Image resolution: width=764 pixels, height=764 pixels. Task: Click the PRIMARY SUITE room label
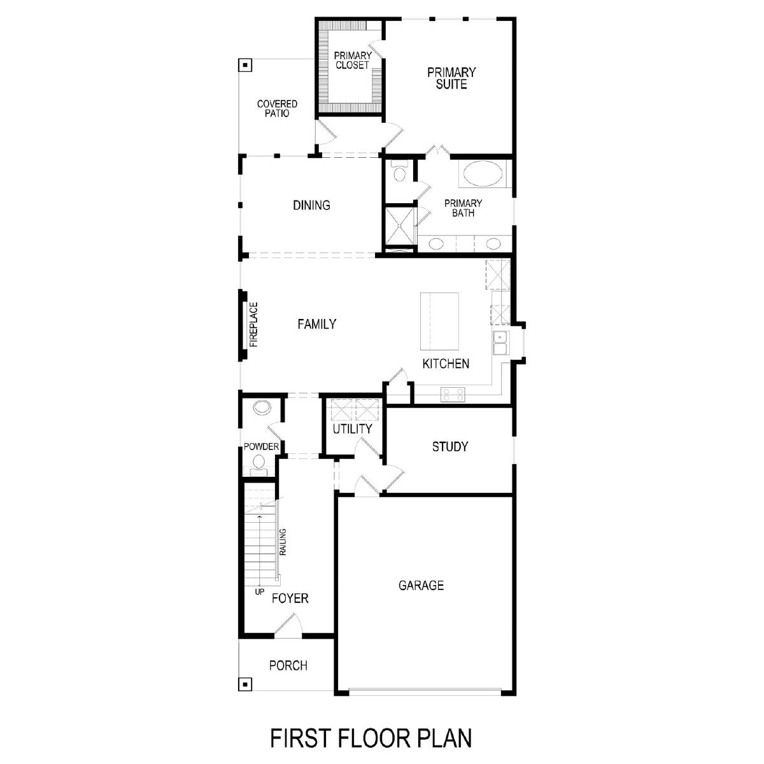click(x=451, y=78)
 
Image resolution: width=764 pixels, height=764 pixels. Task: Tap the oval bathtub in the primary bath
click(x=483, y=174)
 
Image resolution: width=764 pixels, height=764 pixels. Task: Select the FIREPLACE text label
click(x=254, y=325)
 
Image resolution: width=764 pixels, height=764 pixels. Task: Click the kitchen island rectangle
click(x=439, y=322)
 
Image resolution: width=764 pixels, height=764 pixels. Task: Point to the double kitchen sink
click(x=500, y=343)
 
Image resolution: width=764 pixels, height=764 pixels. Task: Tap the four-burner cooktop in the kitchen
click(x=453, y=395)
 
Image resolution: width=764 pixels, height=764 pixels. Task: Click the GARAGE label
click(x=421, y=585)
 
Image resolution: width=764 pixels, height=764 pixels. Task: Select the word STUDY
click(x=450, y=446)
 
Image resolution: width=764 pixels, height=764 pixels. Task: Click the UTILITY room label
click(x=352, y=428)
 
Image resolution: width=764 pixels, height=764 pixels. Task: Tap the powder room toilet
click(x=258, y=465)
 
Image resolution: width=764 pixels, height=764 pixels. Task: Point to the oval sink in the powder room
click(x=262, y=407)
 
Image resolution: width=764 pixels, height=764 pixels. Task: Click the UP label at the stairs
click(x=260, y=592)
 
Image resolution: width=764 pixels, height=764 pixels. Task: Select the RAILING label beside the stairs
click(x=283, y=542)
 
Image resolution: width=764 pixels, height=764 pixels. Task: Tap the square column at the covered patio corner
click(x=245, y=65)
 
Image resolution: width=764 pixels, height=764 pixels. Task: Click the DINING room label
click(x=311, y=205)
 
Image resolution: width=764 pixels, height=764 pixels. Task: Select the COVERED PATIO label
click(x=277, y=108)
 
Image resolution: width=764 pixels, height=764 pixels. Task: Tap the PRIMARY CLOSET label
click(x=353, y=60)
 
